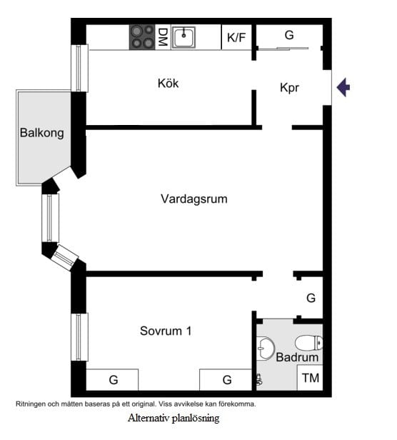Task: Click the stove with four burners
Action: pyautogui.click(x=142, y=37)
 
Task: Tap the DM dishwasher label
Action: pyautogui.click(x=163, y=36)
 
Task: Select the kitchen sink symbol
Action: pyautogui.click(x=184, y=36)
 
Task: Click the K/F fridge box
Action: pyautogui.click(x=236, y=37)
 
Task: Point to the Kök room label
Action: pyautogui.click(x=168, y=84)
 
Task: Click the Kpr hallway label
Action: pyautogui.click(x=289, y=89)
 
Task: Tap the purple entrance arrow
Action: pyautogui.click(x=343, y=87)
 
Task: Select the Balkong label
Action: pyautogui.click(x=42, y=132)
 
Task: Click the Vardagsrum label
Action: pyautogui.click(x=194, y=199)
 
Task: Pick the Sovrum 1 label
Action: pyautogui.click(x=166, y=331)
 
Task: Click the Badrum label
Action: pyautogui.click(x=297, y=357)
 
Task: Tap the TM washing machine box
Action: pyautogui.click(x=310, y=378)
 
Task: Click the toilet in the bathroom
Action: pyautogui.click(x=309, y=343)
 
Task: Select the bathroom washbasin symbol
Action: pyautogui.click(x=265, y=348)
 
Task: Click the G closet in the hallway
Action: pyautogui.click(x=289, y=35)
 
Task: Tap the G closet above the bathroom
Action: pyautogui.click(x=311, y=298)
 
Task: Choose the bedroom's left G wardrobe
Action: pyautogui.click(x=113, y=379)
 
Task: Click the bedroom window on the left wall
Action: pyautogui.click(x=80, y=336)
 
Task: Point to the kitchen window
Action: pyautogui.click(x=80, y=68)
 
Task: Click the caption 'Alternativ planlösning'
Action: pyautogui.click(x=174, y=418)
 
